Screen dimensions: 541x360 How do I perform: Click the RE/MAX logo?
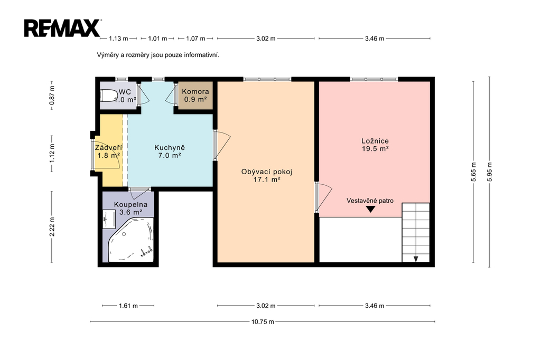[62, 28]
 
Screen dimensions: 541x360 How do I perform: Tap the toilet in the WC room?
[109, 96]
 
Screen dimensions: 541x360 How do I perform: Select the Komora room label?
[195, 95]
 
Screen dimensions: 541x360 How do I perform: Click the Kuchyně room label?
[170, 151]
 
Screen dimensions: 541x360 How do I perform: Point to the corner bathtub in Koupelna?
[131, 240]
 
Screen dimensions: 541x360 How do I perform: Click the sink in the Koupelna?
[109, 219]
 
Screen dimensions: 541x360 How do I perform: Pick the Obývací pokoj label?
[267, 176]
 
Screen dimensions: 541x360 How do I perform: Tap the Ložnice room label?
[375, 145]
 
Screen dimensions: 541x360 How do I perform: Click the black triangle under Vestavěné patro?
[370, 209]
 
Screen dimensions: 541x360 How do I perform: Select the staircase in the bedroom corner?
[416, 232]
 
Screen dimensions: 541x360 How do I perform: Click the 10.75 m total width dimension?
[263, 321]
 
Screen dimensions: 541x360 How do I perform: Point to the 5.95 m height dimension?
[490, 172]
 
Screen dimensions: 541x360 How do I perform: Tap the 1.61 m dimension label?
[128, 306]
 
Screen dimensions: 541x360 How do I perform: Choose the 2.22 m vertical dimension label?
[52, 226]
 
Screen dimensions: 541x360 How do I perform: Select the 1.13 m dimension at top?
[118, 39]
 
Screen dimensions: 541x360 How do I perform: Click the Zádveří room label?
[108, 151]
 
